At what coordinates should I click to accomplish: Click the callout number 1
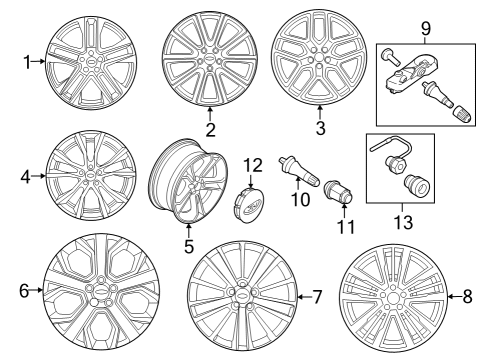coord(28,62)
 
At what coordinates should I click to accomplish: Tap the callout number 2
coord(210,130)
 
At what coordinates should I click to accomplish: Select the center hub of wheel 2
coord(210,56)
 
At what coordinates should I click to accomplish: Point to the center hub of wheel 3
coord(319,57)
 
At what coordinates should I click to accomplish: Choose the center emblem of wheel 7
coord(241,295)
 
